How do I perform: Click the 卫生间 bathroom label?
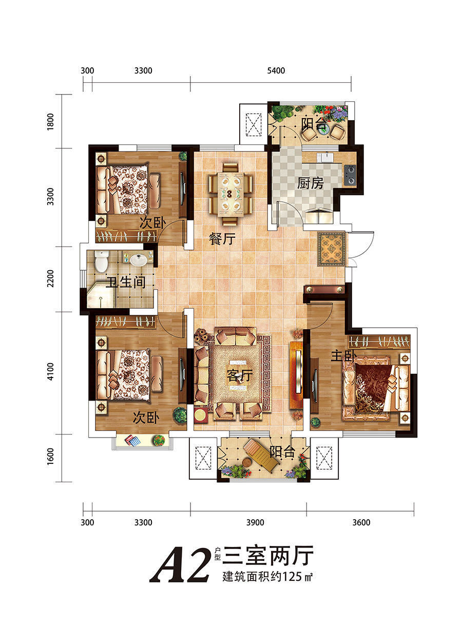pyautogui.click(x=126, y=282)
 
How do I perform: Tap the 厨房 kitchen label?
pyautogui.click(x=310, y=184)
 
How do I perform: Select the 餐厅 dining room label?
pyautogui.click(x=222, y=239)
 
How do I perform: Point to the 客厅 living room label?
pyautogui.click(x=240, y=375)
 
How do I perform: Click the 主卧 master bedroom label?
pyautogui.click(x=343, y=356)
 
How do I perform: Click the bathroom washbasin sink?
pyautogui.click(x=138, y=259)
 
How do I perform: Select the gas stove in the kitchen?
pyautogui.click(x=350, y=175)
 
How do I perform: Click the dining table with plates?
pyautogui.click(x=230, y=194)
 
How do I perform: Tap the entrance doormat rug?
pyautogui.click(x=332, y=249)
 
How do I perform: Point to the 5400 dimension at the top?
pyautogui.click(x=276, y=70)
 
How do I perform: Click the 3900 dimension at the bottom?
pyautogui.click(x=255, y=522)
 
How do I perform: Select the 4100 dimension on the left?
pyautogui.click(x=50, y=371)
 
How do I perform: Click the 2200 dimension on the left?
pyautogui.click(x=50, y=278)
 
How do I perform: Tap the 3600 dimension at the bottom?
pyautogui.click(x=361, y=522)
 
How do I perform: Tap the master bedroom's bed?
pyautogui.click(x=376, y=388)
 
